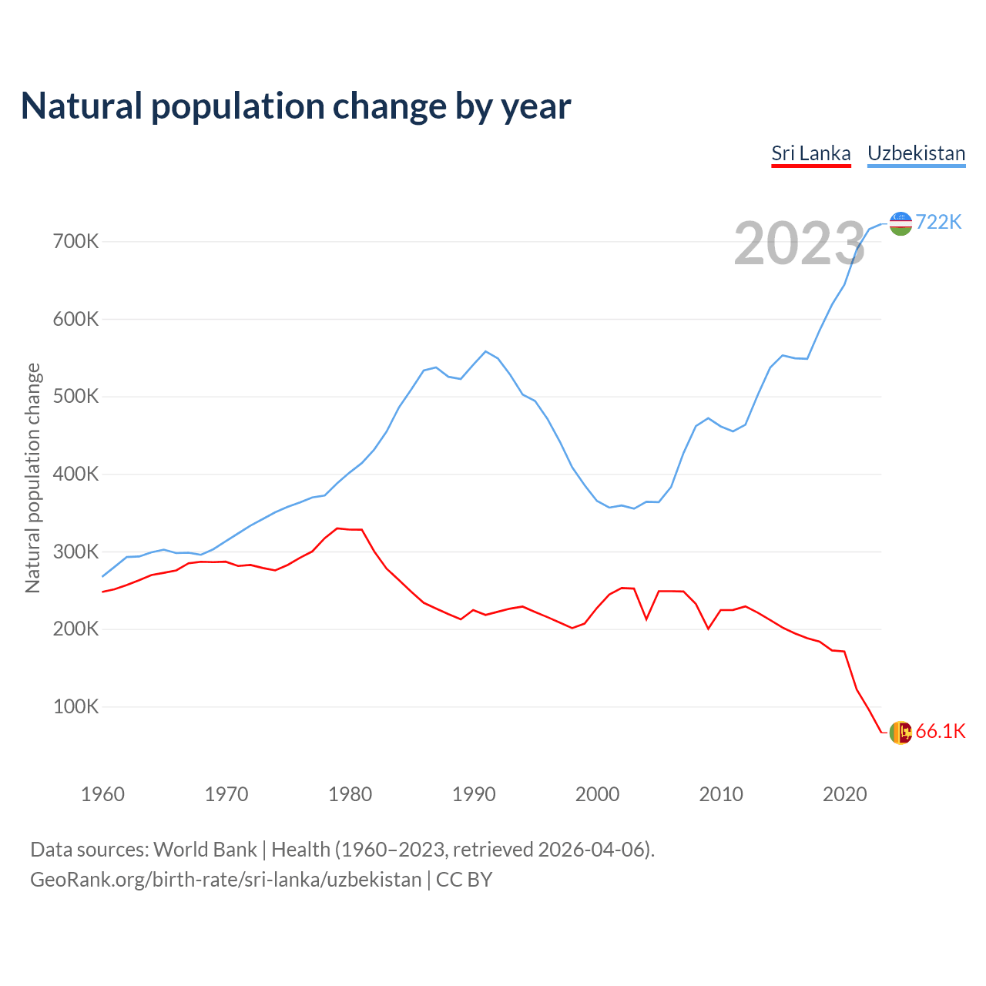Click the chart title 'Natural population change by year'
296,106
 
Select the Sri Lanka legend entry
811,153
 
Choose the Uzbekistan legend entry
916,153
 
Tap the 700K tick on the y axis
75,242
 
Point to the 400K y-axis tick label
75,475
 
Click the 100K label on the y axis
75,707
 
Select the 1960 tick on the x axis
102,794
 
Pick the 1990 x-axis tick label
474,794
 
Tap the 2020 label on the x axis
845,794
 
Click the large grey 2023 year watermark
799,244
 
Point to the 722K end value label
939,223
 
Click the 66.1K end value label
941,732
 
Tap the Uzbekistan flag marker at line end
900,223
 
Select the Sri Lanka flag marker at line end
900,733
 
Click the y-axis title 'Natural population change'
32,478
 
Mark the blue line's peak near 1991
485,351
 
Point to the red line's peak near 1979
337,528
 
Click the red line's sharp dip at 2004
646,619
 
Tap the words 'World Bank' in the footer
205,850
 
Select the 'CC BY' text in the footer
464,880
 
